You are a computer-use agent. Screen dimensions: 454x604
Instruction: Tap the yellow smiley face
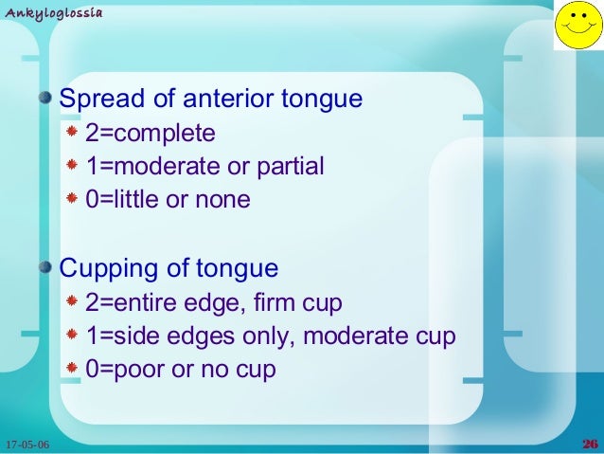click(x=577, y=27)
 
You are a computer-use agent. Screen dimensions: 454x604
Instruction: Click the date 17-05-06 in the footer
click(x=27, y=445)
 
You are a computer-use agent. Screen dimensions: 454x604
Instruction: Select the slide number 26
click(x=589, y=445)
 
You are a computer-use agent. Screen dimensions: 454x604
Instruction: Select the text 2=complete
click(x=151, y=134)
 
